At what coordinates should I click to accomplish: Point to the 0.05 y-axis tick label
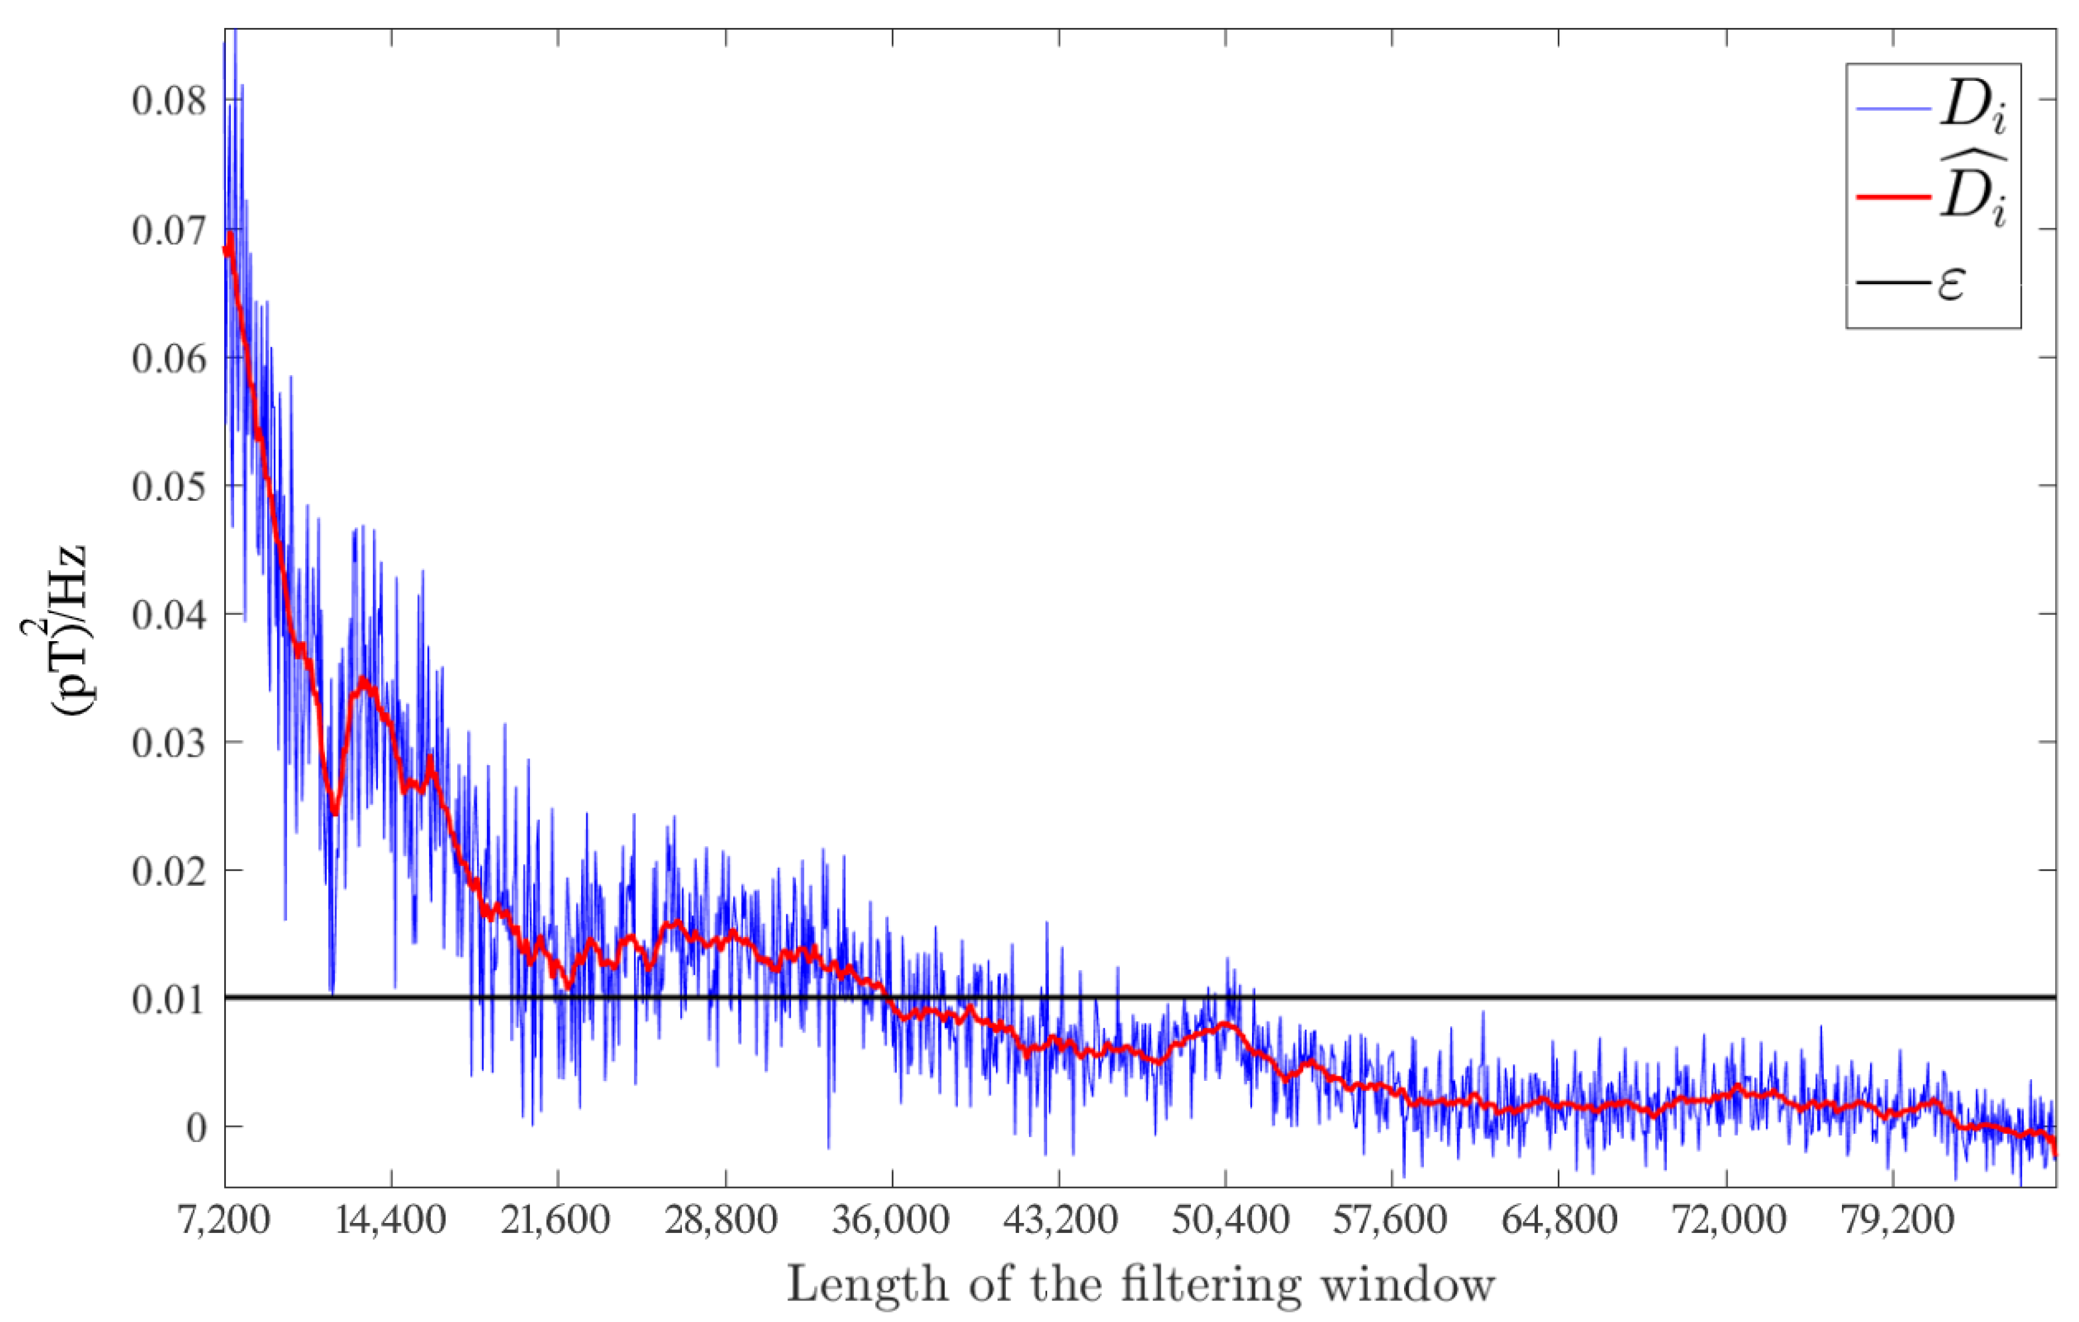point(169,487)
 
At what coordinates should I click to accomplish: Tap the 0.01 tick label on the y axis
point(169,999)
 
